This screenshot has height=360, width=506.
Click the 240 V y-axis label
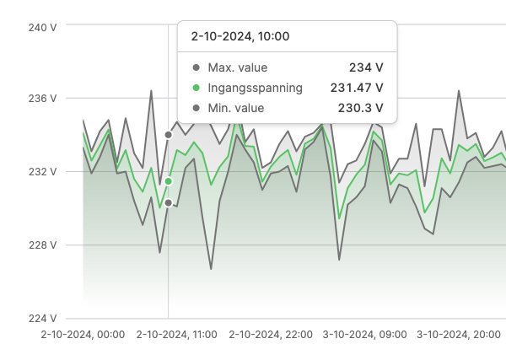coord(42,27)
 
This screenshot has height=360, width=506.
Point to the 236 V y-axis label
coord(42,99)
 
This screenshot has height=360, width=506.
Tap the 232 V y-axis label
coord(42,172)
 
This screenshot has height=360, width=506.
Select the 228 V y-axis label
coord(42,245)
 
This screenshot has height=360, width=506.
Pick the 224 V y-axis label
coord(42,319)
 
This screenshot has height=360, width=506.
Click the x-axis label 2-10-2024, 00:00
coord(83,335)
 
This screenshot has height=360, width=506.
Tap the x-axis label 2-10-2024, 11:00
coord(176,335)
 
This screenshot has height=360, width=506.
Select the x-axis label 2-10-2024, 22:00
coord(270,335)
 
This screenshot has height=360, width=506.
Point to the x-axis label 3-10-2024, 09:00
coord(363,335)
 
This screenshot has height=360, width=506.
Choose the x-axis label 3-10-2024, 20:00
coord(457,335)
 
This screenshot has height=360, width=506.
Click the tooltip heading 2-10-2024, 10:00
coord(240,36)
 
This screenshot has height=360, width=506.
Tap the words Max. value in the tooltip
coord(237,67)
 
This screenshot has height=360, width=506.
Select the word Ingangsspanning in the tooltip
coord(255,88)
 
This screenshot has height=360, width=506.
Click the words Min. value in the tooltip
coord(235,108)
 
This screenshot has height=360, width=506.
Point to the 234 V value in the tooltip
coord(366,67)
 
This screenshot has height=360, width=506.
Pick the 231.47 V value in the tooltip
coord(357,88)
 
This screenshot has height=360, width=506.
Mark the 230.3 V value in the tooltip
coord(360,108)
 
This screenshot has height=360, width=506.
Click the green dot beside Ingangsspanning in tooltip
coord(196,88)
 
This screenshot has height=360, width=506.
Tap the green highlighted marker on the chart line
coord(168,181)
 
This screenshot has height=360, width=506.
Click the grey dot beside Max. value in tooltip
coord(196,67)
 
